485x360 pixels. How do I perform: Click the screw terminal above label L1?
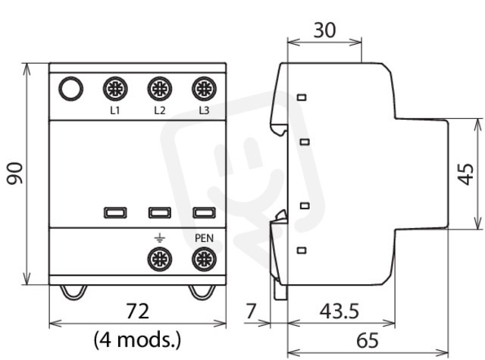115,89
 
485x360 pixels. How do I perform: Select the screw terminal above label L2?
160,89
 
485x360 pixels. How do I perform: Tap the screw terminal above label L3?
204,89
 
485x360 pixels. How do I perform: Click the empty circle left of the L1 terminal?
70,89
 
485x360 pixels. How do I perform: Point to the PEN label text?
204,238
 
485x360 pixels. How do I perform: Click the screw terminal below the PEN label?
204,259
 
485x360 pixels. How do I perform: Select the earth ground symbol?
160,238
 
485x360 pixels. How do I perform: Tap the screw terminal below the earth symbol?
160,259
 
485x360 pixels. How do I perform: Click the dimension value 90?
15,174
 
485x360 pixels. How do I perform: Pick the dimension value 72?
138,311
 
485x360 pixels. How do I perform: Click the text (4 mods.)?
137,340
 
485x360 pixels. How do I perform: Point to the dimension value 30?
324,30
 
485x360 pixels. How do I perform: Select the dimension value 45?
466,174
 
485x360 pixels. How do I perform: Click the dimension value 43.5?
339,311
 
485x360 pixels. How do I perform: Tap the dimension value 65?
368,340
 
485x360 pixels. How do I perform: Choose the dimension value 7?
251,311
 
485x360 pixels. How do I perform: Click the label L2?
160,111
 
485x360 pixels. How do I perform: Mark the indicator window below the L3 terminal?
204,213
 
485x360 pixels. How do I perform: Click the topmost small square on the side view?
302,98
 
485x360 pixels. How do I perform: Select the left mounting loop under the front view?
74,293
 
